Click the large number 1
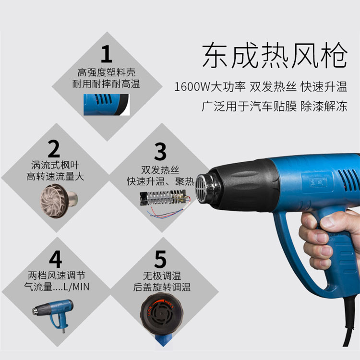click(x=107, y=54)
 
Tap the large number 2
click(x=54, y=148)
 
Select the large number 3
click(x=160, y=151)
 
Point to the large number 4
click(x=55, y=259)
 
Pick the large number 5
click(x=160, y=259)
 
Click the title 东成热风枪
click(x=275, y=55)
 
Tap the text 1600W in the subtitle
click(x=192, y=87)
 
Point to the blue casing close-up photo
click(x=107, y=105)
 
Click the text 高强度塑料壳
click(x=106, y=72)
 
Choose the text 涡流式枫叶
click(x=55, y=165)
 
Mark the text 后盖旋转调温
click(x=162, y=287)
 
